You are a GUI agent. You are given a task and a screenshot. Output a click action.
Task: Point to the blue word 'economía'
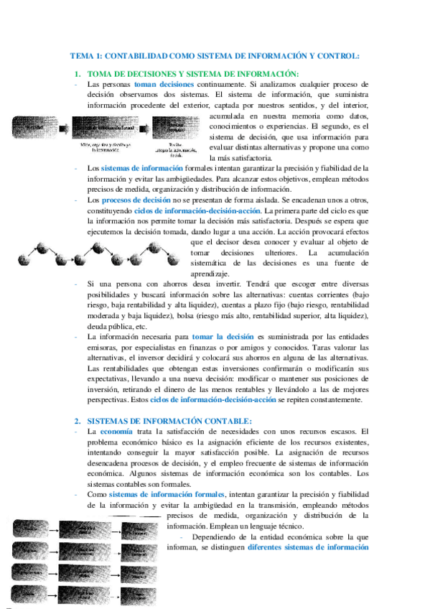[x=116, y=431]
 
